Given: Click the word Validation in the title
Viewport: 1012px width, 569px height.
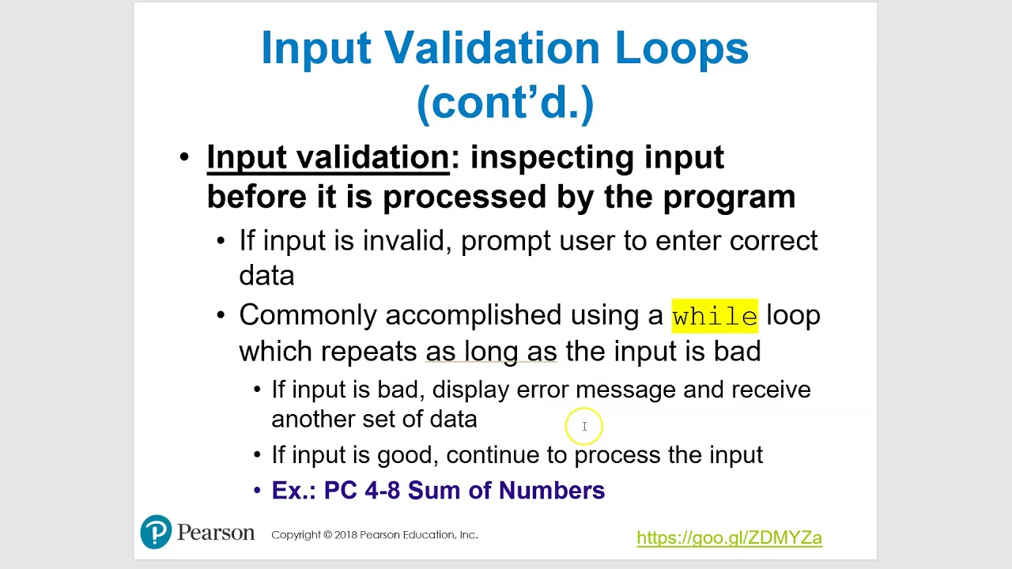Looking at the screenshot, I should [x=493, y=48].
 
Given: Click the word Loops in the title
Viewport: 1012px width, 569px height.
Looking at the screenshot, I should [x=682, y=48].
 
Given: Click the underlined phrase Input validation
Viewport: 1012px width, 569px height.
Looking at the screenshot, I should [x=327, y=157].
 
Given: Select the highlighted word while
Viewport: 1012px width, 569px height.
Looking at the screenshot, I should [x=715, y=316].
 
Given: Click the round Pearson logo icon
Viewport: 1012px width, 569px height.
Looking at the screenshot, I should [x=156, y=532].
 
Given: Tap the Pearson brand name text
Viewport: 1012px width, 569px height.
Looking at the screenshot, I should [x=215, y=533].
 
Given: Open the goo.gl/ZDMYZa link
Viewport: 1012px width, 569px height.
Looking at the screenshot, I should [x=729, y=537].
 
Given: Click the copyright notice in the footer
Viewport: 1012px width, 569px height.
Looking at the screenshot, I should [x=374, y=535].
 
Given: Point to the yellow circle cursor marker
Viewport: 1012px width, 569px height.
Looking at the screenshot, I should [x=584, y=427].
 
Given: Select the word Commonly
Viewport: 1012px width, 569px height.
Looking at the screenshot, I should [x=308, y=315].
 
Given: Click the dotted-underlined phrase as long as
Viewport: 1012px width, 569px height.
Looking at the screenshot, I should [x=491, y=351].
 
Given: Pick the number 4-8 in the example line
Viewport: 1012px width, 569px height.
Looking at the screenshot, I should [x=382, y=491].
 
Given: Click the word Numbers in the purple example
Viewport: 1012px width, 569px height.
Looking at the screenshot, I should [x=552, y=491].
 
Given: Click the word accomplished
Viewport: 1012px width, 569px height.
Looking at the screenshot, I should [x=474, y=315].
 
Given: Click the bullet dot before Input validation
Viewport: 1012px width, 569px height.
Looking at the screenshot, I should [x=184, y=156].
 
